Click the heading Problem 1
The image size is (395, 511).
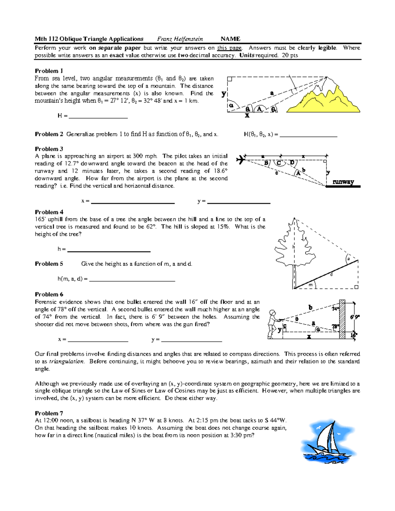[x=49, y=71]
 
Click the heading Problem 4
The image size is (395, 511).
[x=49, y=212]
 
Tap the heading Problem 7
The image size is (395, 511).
[x=49, y=413]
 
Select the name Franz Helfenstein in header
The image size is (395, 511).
[x=180, y=39]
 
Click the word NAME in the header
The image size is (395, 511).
[x=230, y=39]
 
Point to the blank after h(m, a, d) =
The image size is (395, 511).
[x=132, y=279]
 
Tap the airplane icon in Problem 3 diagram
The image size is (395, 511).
[x=241, y=160]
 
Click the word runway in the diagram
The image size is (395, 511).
[x=343, y=182]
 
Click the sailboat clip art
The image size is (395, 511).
[x=328, y=441]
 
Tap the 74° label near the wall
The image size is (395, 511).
[x=335, y=309]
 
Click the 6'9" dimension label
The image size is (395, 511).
[x=355, y=317]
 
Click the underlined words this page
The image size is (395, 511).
[x=229, y=48]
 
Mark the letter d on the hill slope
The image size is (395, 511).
[x=331, y=274]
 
